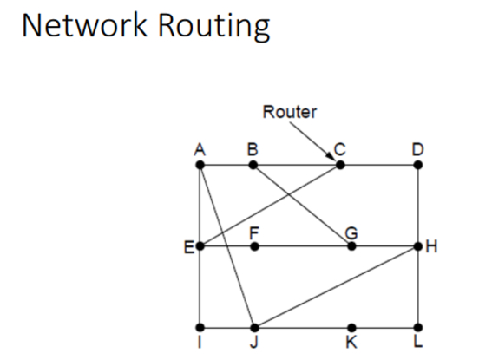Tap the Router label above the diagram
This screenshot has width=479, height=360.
pyautogui.click(x=290, y=111)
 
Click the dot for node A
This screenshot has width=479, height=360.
pyautogui.click(x=200, y=164)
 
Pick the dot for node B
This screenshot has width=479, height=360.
pyautogui.click(x=253, y=164)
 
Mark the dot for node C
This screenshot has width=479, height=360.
pyautogui.click(x=339, y=164)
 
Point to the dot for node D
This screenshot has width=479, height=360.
pyautogui.click(x=418, y=164)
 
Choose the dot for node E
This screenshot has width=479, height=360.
pyautogui.click(x=200, y=246)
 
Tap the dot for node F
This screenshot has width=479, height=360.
pyautogui.click(x=254, y=246)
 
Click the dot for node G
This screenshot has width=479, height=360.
pyautogui.click(x=351, y=246)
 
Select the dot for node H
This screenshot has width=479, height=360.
pyautogui.click(x=418, y=246)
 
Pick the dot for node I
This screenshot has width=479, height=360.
pyautogui.click(x=200, y=328)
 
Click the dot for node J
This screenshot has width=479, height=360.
pyautogui.click(x=254, y=328)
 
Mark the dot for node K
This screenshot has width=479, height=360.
pyautogui.click(x=351, y=328)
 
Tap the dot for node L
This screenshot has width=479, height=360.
pyautogui.click(x=418, y=328)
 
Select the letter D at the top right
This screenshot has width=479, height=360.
pyautogui.click(x=418, y=148)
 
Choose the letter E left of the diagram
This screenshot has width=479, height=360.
pyautogui.click(x=188, y=246)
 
